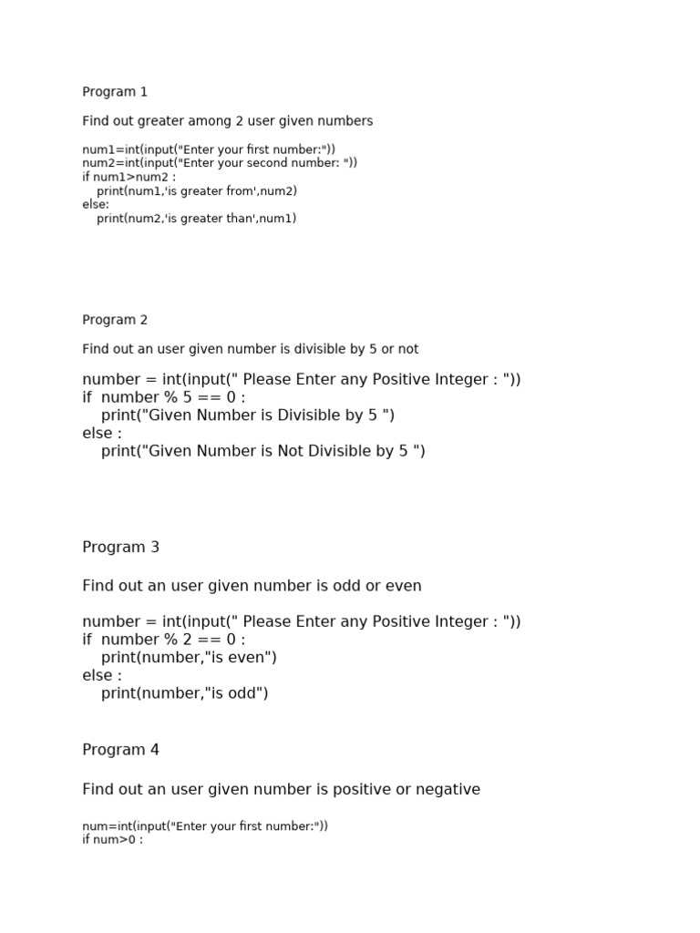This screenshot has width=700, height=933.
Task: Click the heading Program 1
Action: click(115, 92)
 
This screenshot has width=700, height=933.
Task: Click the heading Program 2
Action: click(115, 320)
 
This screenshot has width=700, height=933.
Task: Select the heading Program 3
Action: click(120, 548)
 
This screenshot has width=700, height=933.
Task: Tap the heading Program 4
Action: click(120, 750)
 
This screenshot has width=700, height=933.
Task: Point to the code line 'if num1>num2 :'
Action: click(129, 177)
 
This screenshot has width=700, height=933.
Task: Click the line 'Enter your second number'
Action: click(220, 163)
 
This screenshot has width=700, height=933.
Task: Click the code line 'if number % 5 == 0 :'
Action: click(164, 397)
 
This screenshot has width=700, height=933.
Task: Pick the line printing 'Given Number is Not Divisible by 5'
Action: click(262, 451)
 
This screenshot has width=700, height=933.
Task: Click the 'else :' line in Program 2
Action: click(102, 434)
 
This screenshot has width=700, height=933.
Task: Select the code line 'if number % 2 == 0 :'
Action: click(164, 640)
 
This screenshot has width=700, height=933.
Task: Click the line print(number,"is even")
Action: click(189, 658)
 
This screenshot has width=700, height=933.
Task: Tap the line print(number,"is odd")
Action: click(184, 693)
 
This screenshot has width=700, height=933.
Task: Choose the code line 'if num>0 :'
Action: click(113, 840)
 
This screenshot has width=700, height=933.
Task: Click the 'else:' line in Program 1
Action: click(96, 205)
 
